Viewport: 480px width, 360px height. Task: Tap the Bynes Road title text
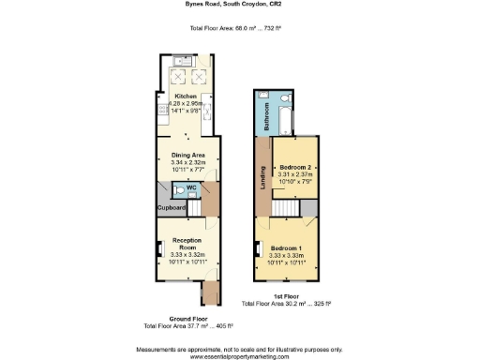pos(239,6)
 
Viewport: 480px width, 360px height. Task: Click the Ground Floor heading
pos(163,319)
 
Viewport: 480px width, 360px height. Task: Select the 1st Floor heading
pos(286,296)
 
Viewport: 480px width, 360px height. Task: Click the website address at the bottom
pos(239,357)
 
